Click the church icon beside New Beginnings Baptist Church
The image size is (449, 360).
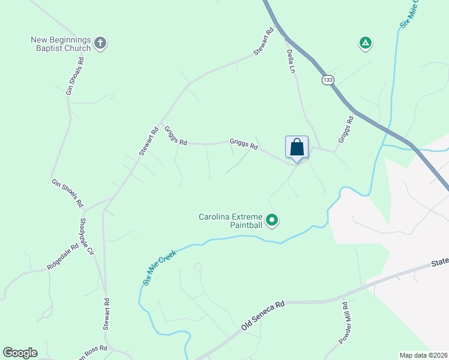pos(100,43)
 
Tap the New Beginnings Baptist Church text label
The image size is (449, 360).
pos(61,44)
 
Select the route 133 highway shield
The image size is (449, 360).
pos(327,80)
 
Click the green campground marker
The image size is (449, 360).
pos(364,43)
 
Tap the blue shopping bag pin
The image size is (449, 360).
pos(297,147)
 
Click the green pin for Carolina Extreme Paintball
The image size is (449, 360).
pos(272,221)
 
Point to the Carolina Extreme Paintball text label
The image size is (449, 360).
pos(231,221)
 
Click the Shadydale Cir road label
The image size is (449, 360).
pos(86,236)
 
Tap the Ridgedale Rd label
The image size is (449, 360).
pos(63,256)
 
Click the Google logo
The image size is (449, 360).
pos(20,353)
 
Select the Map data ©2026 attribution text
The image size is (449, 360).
pos(423,355)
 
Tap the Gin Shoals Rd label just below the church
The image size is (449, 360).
pos(74,76)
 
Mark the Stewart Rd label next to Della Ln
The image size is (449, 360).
pos(264,42)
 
